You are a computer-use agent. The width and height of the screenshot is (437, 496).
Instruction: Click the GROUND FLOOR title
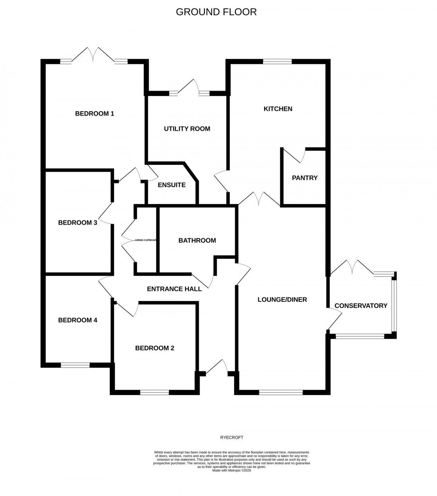point(216,12)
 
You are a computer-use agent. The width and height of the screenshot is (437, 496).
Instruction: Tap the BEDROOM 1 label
point(95,114)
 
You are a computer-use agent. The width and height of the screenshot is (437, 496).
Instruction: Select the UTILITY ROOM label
point(187,129)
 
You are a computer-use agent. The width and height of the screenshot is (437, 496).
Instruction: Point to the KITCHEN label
point(278,109)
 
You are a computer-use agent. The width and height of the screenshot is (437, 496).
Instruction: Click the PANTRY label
point(305,178)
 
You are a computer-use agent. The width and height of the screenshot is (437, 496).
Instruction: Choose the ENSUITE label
point(172,185)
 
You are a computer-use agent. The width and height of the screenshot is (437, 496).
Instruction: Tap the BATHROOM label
point(197,240)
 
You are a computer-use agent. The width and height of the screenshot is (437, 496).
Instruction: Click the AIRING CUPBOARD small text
point(146,240)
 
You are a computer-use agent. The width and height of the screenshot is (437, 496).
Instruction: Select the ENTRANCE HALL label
point(174,289)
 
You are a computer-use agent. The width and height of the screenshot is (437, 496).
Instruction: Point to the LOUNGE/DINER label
point(282,299)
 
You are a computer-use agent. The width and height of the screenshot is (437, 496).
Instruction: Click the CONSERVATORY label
point(361,305)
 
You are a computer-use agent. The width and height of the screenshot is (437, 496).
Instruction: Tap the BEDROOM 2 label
point(155,348)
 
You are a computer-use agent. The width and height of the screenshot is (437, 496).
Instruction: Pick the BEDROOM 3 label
point(77,223)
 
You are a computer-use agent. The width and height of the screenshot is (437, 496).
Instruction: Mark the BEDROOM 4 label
point(77,320)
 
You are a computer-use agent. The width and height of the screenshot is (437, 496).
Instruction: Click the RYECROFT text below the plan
point(231,438)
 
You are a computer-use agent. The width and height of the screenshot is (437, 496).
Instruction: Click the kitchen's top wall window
point(277,62)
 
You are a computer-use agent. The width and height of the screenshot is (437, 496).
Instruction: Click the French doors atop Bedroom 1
point(94,55)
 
